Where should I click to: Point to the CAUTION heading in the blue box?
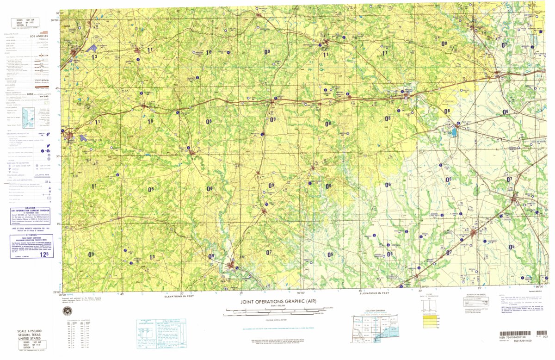31,208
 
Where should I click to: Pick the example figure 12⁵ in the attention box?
44,254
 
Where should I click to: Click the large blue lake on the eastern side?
454,133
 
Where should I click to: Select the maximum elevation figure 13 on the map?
94,56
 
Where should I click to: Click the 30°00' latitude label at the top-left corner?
55,20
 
